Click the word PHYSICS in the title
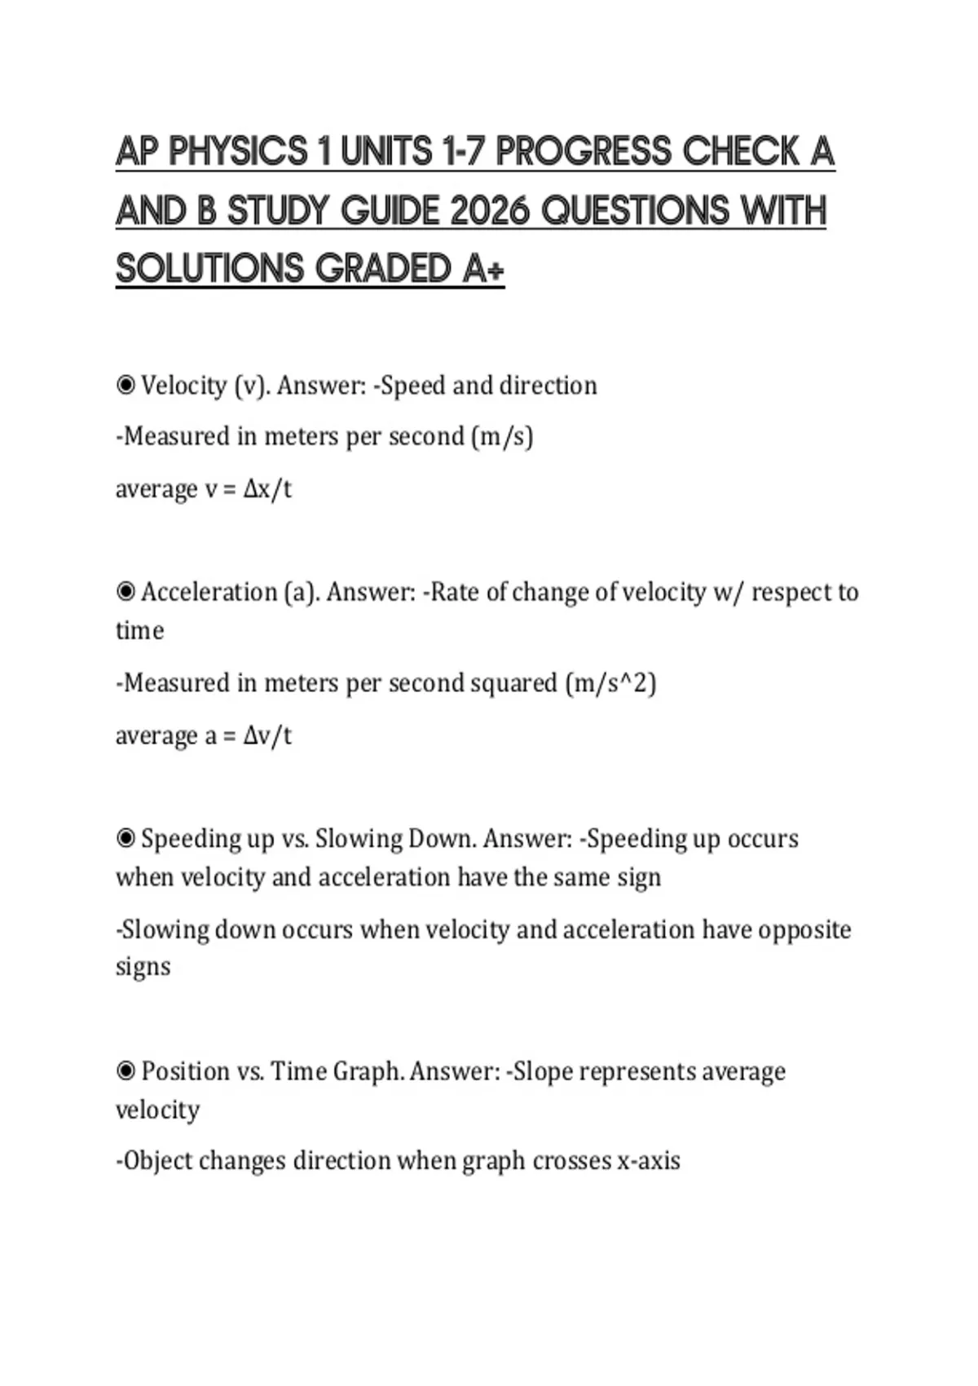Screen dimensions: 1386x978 [239, 152]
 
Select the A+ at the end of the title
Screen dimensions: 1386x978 [483, 270]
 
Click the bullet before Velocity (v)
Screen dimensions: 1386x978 [126, 385]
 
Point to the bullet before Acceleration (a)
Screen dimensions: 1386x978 [126, 591]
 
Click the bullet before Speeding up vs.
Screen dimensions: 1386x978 [126, 838]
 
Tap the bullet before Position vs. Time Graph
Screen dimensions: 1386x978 [126, 1070]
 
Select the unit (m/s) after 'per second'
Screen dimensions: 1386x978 [502, 437]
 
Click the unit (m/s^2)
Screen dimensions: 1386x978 [611, 682]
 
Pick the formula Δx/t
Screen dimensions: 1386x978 [267, 489]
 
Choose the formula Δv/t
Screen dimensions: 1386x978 [267, 735]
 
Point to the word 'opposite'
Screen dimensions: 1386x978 [804, 929]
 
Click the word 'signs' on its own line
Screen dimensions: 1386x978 [143, 967]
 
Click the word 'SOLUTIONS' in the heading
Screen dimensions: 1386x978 [209, 270]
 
